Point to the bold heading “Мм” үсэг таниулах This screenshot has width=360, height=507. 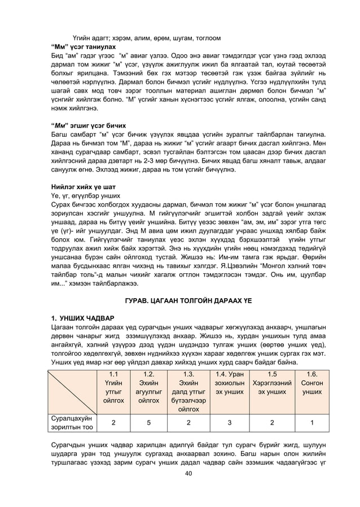click(83, 47)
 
